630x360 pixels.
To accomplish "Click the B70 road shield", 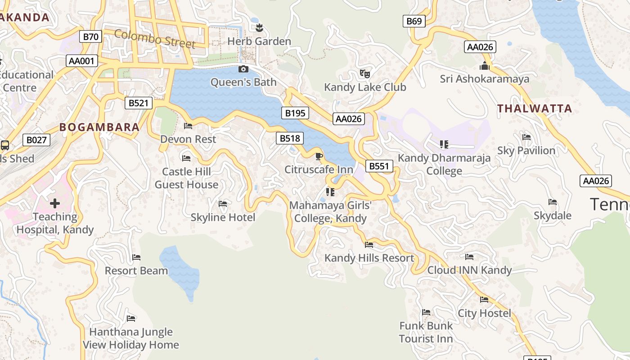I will pyautogui.click(x=90, y=36).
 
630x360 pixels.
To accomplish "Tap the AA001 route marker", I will pyautogui.click(x=82, y=61).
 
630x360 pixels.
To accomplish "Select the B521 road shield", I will pyautogui.click(x=138, y=103).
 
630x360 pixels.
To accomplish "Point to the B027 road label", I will pyautogui.click(x=36, y=140).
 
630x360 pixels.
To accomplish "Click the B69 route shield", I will pyautogui.click(x=414, y=21).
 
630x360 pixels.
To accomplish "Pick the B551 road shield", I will pyautogui.click(x=379, y=166).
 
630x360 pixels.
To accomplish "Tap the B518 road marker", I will pyautogui.click(x=290, y=138).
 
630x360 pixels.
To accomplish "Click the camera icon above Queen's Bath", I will pyautogui.click(x=243, y=69).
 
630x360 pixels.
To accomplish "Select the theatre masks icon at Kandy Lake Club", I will pyautogui.click(x=365, y=73).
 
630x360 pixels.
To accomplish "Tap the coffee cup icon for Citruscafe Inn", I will pyautogui.click(x=319, y=156).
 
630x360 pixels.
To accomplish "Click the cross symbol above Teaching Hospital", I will pyautogui.click(x=55, y=203).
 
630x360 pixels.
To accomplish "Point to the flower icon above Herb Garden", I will pyautogui.click(x=259, y=28).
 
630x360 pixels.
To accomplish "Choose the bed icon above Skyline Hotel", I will pyautogui.click(x=223, y=204).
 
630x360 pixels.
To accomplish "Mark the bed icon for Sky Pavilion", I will pyautogui.click(x=526, y=137).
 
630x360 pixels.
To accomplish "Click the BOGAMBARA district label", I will pyautogui.click(x=99, y=127).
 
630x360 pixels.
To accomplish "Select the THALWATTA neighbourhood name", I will pyautogui.click(x=535, y=108).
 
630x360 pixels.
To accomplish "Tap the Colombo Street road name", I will pyautogui.click(x=155, y=39).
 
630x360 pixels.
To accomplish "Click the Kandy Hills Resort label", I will pyautogui.click(x=369, y=258).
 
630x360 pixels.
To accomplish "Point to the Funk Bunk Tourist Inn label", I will pyautogui.click(x=426, y=332).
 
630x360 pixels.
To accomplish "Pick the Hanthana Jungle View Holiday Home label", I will pyautogui.click(x=131, y=338).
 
